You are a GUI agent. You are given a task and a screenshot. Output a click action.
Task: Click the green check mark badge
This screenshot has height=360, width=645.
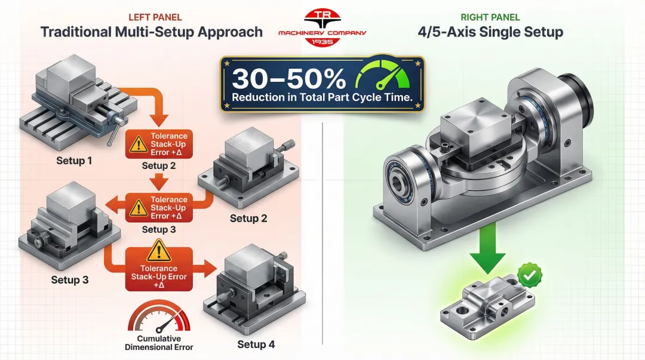(530, 276)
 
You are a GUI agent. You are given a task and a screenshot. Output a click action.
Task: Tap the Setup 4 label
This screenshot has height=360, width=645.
(256, 344)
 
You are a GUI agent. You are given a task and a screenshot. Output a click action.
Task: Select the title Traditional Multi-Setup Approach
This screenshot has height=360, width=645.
(152, 32)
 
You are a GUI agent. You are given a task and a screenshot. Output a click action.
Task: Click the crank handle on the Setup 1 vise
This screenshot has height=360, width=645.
(112, 134)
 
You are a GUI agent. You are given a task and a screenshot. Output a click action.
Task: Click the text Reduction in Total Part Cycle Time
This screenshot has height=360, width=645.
(323, 98)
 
